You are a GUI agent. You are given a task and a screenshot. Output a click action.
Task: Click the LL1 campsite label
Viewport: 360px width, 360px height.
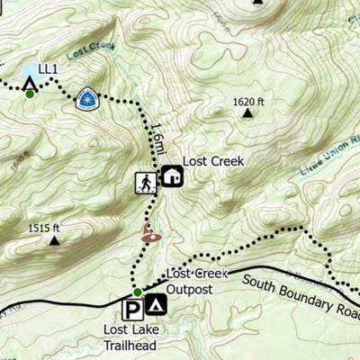pyautogui.click(x=47, y=67)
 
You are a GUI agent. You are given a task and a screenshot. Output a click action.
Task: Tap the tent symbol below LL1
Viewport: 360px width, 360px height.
pyautogui.click(x=29, y=84)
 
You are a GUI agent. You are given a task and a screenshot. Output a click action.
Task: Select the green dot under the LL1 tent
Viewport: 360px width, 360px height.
pyautogui.click(x=29, y=94)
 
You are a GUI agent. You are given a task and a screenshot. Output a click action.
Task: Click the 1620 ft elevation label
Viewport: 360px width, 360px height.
pyautogui.click(x=249, y=102)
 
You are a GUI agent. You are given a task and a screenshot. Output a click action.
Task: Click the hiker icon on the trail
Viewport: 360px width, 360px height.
pyautogui.click(x=145, y=183)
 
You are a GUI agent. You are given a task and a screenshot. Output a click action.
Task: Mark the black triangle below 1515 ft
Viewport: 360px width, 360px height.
pyautogui.click(x=55, y=240)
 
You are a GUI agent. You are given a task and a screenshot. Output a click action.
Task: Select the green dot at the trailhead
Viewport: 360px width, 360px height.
pyautogui.click(x=138, y=292)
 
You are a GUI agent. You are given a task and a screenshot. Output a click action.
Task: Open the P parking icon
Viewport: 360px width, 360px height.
pyautogui.click(x=132, y=309)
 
